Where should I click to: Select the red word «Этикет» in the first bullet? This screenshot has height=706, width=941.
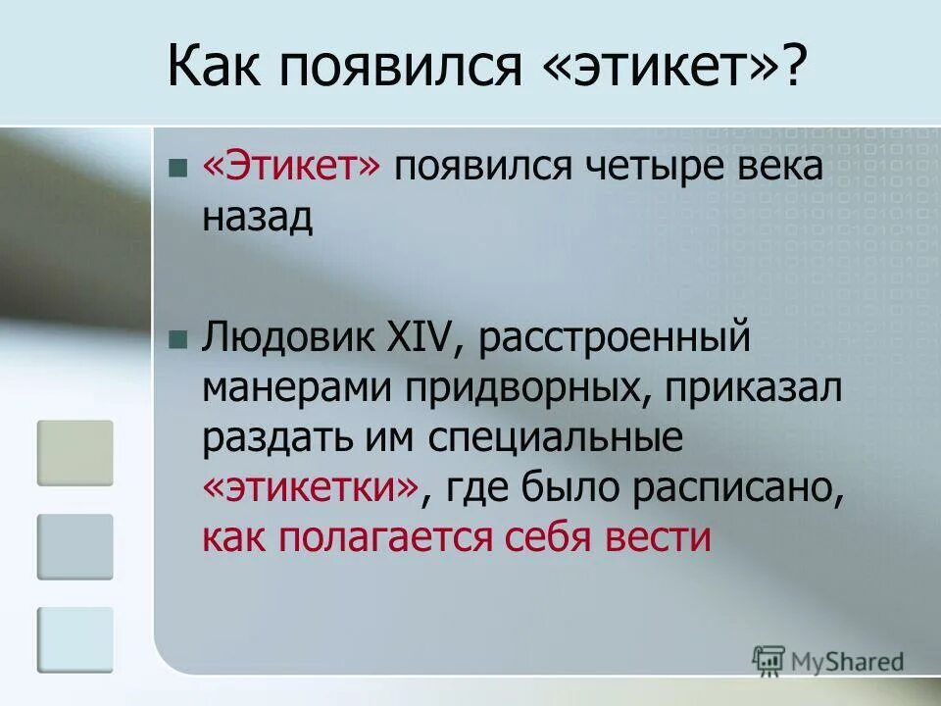pos(291,168)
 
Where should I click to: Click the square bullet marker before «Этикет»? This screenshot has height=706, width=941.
pos(177,169)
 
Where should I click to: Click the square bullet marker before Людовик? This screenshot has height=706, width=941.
pos(177,341)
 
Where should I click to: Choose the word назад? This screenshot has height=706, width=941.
pos(258,217)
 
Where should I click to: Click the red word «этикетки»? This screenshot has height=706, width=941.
pos(312,488)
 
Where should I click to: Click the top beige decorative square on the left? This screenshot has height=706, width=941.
pos(75,453)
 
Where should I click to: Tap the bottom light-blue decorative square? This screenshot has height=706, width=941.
pos(75,639)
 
